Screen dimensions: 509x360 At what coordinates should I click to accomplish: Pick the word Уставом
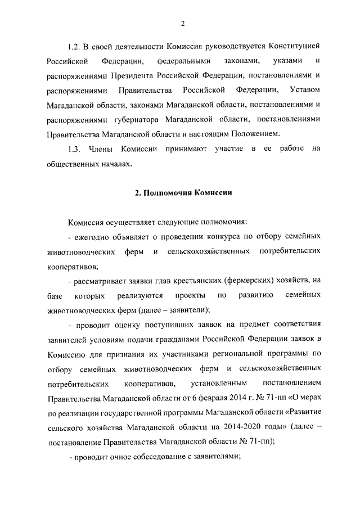(304, 90)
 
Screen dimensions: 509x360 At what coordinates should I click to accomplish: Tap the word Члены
(101, 150)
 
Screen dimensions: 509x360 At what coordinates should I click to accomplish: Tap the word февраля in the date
(208, 398)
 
